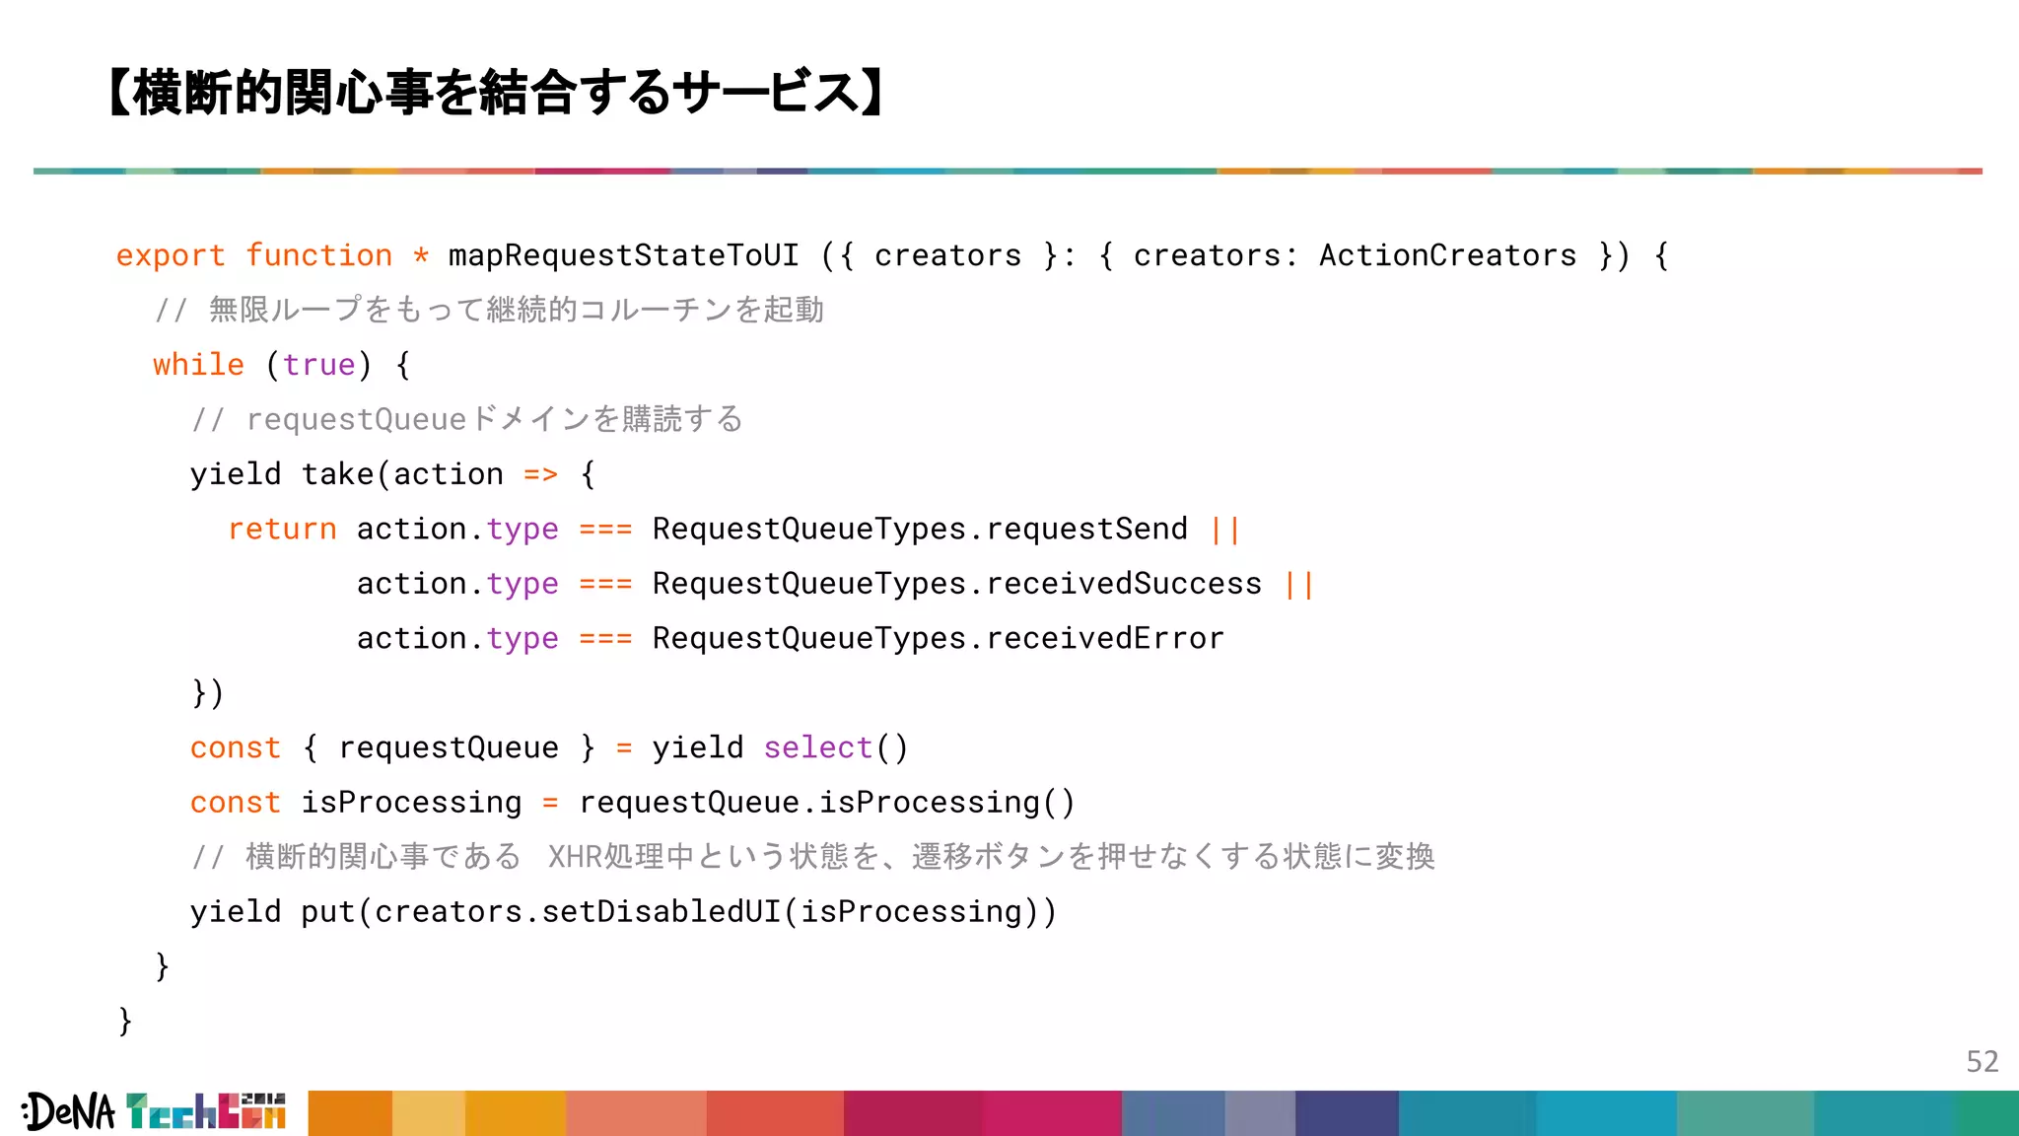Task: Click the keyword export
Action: tap(170, 256)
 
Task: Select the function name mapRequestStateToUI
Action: tap(623, 256)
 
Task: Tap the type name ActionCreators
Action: tap(1447, 256)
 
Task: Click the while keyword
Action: tap(198, 365)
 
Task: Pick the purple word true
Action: tap(318, 365)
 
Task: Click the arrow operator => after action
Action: tap(540, 475)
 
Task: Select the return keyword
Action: tap(282, 530)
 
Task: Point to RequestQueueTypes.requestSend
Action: tap(919, 530)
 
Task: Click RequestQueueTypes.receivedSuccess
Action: tap(956, 584)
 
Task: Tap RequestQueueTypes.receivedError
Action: tap(938, 639)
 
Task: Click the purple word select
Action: tap(818, 748)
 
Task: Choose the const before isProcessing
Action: tap(235, 803)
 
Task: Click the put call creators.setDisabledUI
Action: tap(578, 912)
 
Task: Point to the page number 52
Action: tap(1982, 1061)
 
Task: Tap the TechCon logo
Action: tap(206, 1111)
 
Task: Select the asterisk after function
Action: tap(421, 256)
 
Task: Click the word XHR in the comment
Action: tap(574, 857)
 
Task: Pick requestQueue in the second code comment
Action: tap(356, 420)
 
